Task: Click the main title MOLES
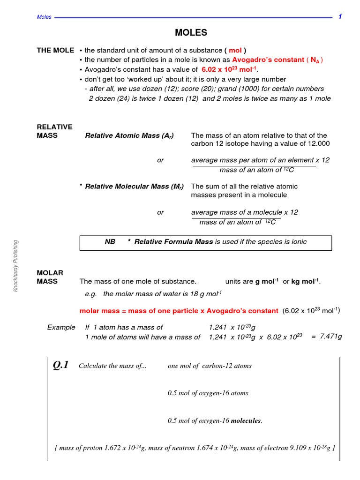coord(191,33)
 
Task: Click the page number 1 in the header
coord(340,17)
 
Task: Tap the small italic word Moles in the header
coord(44,17)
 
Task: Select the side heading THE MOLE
coord(55,51)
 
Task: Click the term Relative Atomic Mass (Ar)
coord(129,135)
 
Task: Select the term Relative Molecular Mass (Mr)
coord(135,186)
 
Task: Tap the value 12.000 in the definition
coord(317,143)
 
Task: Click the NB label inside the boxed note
coord(110,242)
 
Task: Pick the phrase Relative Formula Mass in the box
coord(173,242)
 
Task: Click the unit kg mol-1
coord(306,281)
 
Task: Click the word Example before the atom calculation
coord(61,327)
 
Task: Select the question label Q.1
coord(61,365)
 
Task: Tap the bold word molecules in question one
coord(247,421)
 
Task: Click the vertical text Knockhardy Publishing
coord(15,266)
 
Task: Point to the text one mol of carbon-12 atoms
coord(210,366)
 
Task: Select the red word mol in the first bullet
coord(235,51)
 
